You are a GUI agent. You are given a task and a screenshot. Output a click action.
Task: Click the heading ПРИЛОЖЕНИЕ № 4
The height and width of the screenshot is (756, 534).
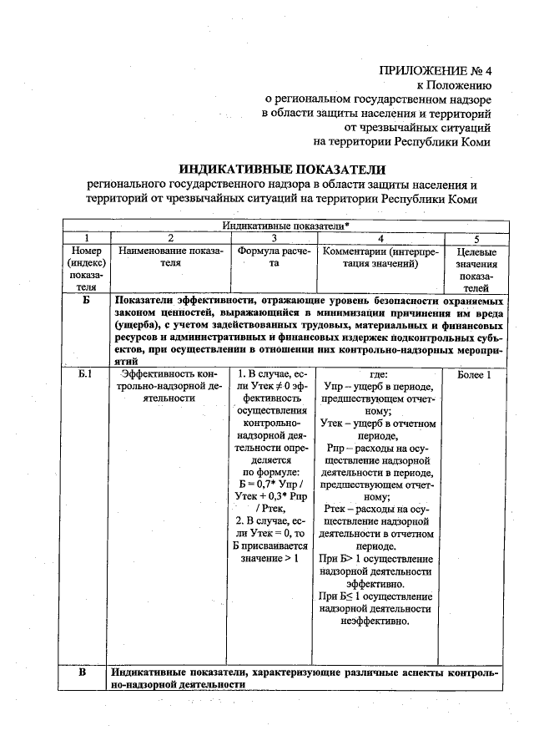click(435, 70)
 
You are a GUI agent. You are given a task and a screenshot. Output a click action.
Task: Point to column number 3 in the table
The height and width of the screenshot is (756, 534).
click(274, 238)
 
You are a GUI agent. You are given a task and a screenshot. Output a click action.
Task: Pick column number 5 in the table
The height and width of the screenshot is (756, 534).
click(477, 238)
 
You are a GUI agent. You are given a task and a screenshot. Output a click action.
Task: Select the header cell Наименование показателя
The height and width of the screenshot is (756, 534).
click(170, 257)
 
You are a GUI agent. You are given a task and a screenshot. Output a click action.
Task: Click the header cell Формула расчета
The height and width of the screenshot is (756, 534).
click(274, 257)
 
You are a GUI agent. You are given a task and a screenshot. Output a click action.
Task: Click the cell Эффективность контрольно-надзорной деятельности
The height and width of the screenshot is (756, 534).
click(170, 387)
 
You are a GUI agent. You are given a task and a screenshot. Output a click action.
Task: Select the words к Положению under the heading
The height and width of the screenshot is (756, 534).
click(454, 85)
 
